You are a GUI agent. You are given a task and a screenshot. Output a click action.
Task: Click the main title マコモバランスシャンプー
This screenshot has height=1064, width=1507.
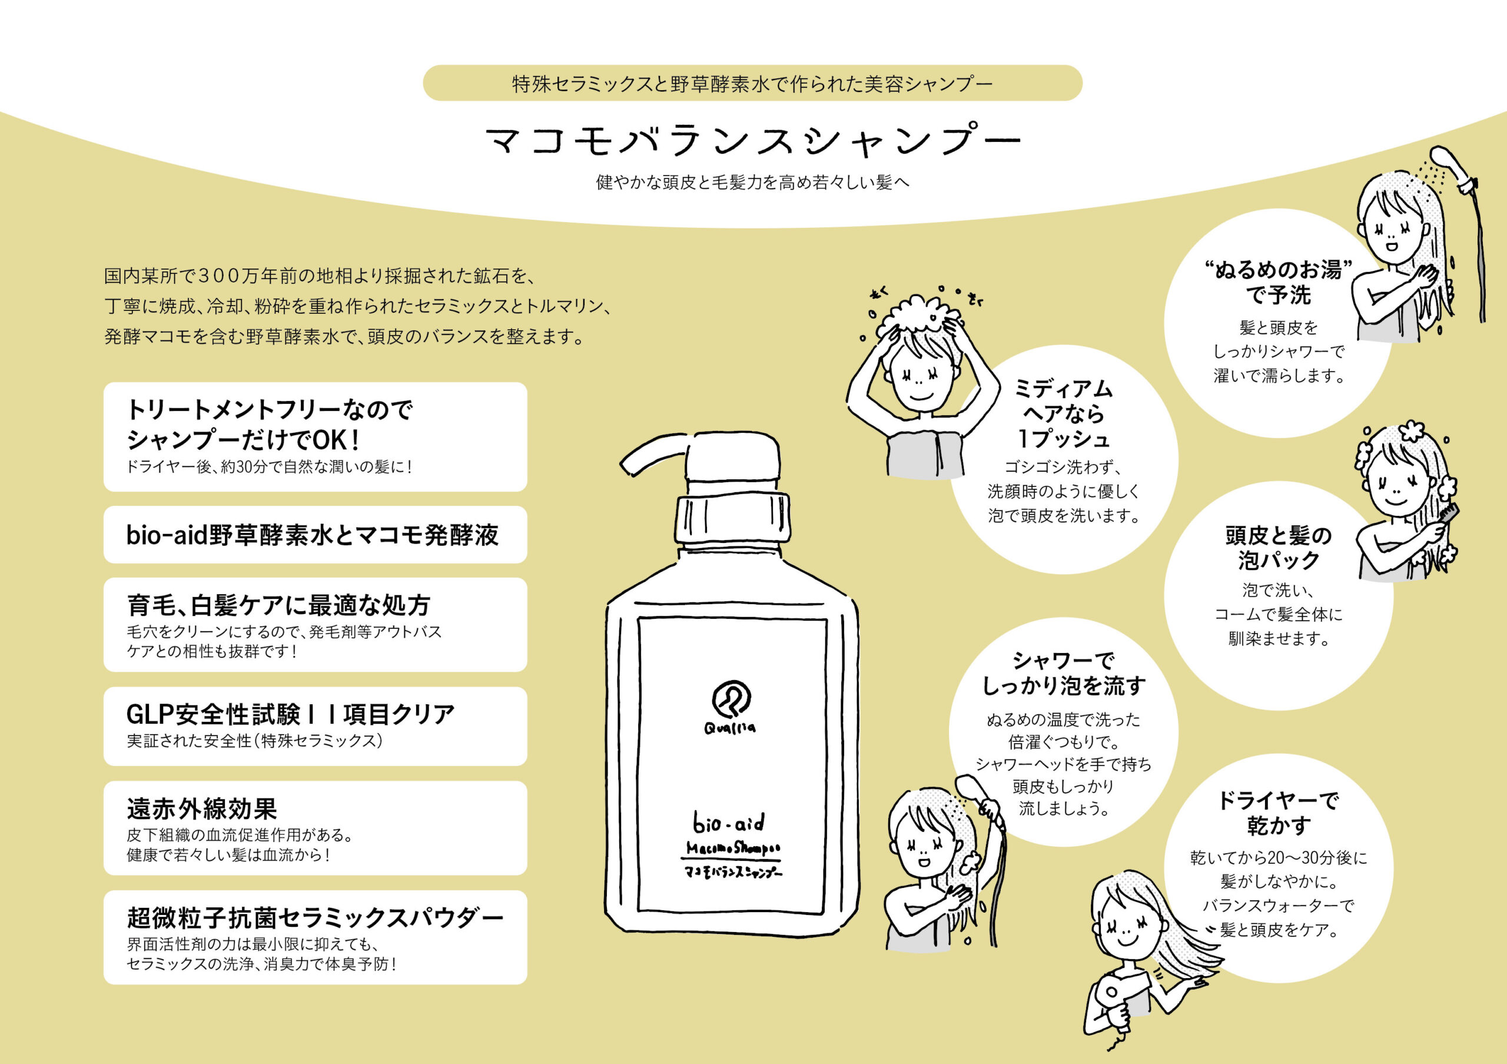click(753, 141)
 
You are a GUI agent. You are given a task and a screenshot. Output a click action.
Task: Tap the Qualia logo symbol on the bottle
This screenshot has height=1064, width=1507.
click(731, 699)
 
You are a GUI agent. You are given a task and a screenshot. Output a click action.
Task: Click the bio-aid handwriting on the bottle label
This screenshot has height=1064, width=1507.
click(729, 823)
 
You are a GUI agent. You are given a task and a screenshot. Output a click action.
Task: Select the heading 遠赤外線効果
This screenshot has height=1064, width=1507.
click(202, 808)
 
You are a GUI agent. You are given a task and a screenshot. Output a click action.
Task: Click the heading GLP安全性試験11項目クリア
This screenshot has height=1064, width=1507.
click(291, 714)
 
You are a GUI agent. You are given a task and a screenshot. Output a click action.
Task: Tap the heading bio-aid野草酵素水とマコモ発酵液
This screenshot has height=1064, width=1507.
click(313, 535)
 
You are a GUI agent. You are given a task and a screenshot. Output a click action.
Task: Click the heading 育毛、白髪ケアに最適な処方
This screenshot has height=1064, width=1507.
click(278, 605)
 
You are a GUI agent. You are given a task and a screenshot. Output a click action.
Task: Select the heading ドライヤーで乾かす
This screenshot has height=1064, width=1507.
click(1278, 813)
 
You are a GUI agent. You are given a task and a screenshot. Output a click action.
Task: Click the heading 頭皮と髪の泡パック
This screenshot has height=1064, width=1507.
click(1279, 548)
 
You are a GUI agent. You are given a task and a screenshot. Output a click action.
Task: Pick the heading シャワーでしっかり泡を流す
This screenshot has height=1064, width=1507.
click(1063, 674)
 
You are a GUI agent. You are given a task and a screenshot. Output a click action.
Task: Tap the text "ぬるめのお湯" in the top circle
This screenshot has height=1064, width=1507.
click(1279, 270)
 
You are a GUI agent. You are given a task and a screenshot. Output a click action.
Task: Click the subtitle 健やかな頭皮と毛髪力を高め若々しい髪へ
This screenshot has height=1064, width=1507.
click(753, 183)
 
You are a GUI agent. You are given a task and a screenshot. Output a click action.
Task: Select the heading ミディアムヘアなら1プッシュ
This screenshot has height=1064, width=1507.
click(1063, 413)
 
